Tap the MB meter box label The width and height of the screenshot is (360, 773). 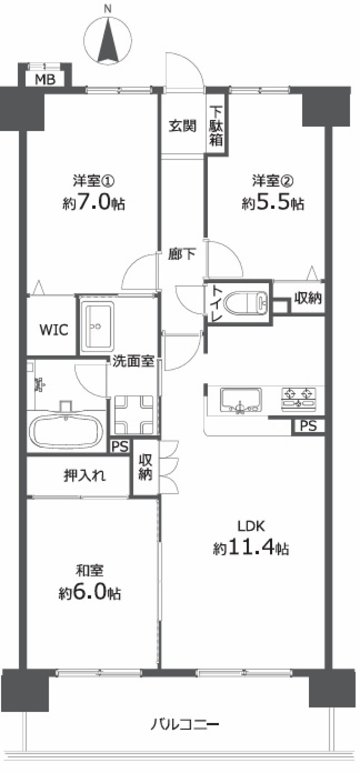coord(45,79)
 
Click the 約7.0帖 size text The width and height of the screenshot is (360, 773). coord(94,204)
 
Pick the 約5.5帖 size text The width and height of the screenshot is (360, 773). coord(273,204)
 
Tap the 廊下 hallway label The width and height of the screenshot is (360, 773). coord(182,255)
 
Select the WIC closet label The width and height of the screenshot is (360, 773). coord(54,329)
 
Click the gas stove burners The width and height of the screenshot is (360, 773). coord(299,399)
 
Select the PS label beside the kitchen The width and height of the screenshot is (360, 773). coord(309,426)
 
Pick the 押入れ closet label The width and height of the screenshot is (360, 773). coord(85,476)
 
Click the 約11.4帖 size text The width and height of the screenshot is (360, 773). coord(251,548)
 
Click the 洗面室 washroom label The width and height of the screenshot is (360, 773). coord(134,361)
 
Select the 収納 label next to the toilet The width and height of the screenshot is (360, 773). coord(308,298)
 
